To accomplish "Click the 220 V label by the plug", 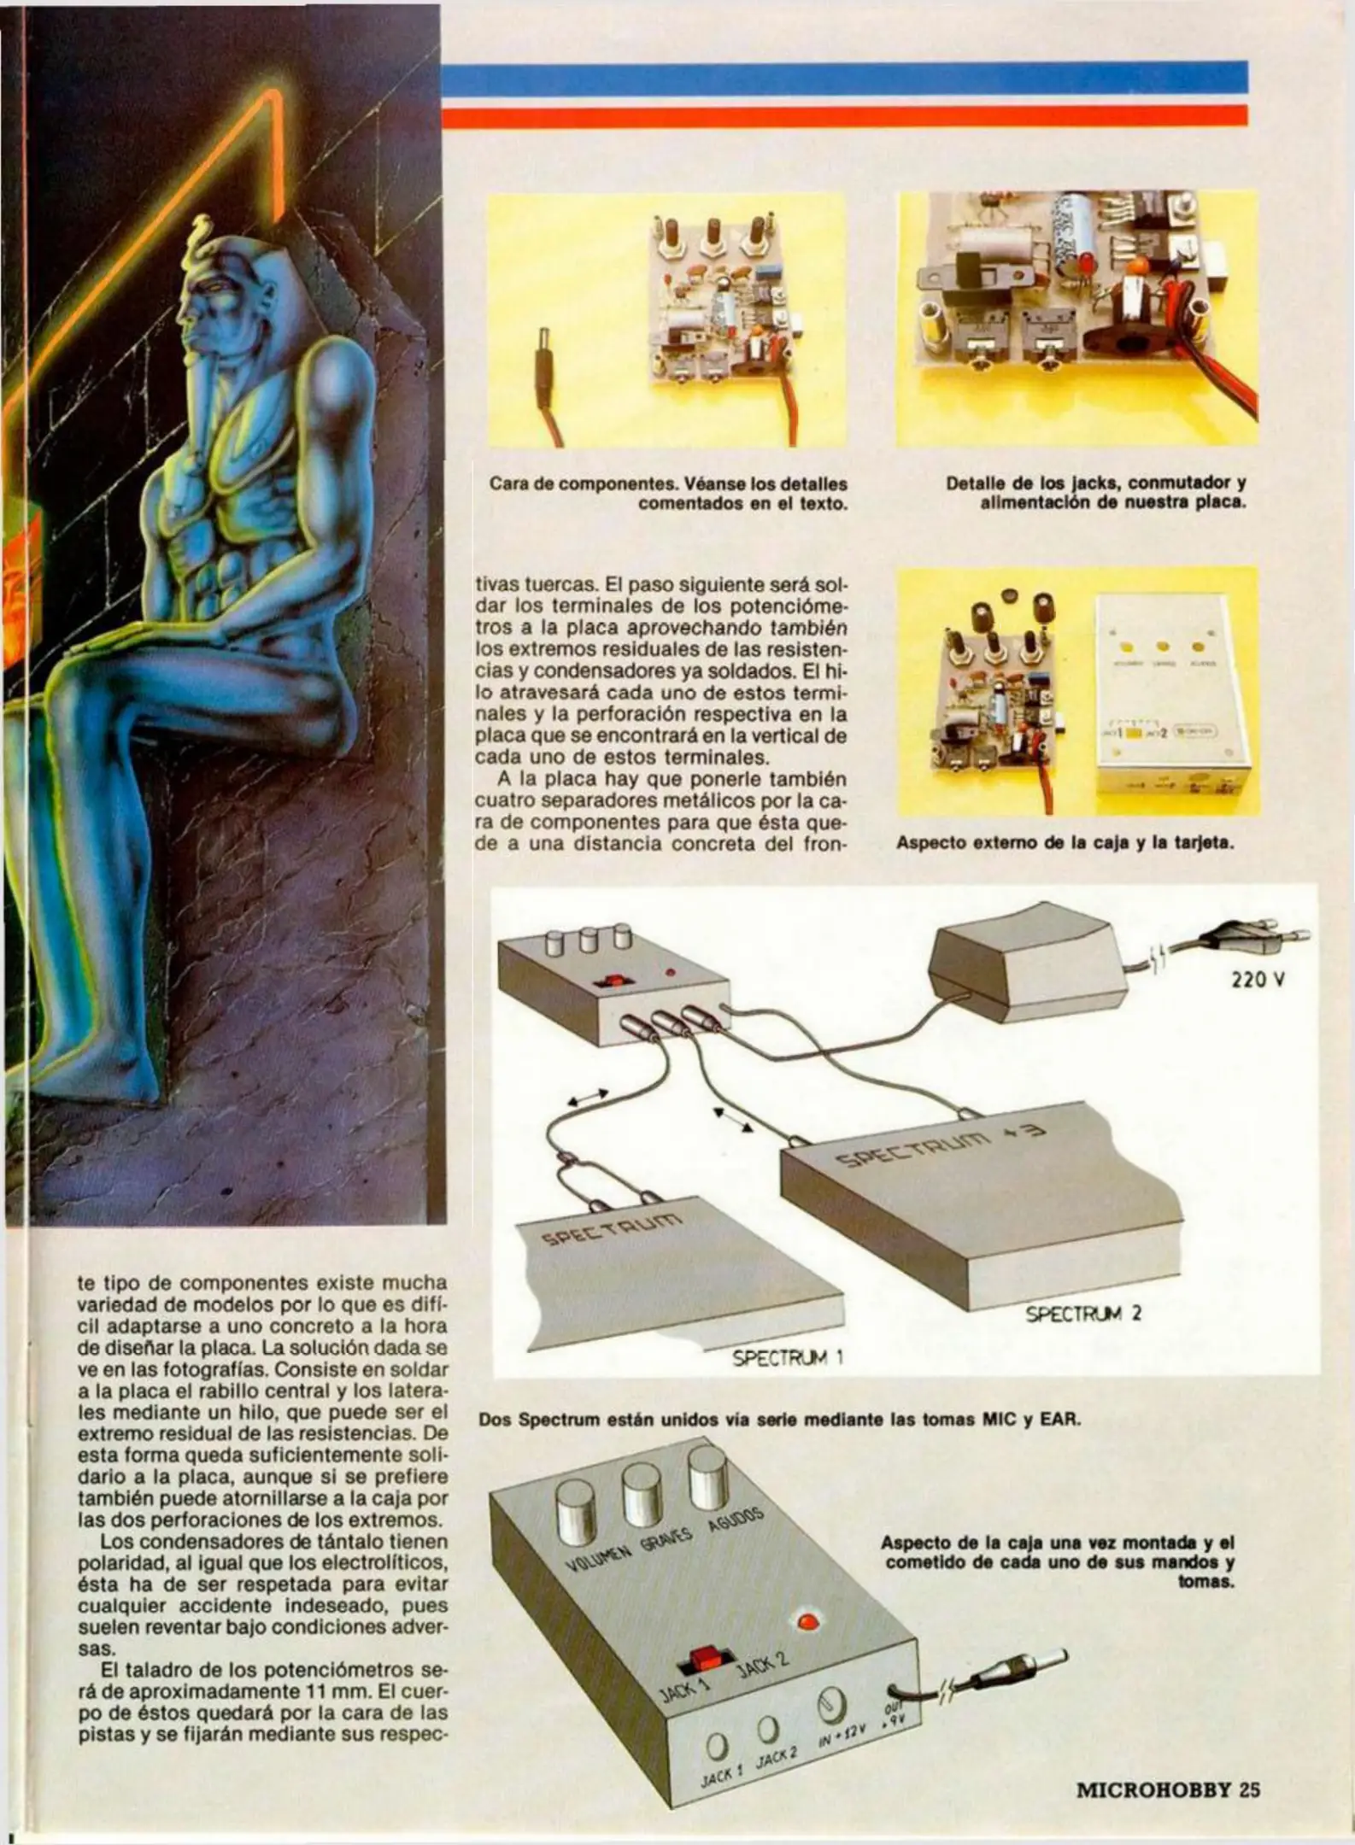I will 1258,981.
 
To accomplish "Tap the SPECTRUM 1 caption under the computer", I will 788,1356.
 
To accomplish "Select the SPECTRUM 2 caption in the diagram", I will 1083,1313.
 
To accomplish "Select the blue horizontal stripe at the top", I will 846,77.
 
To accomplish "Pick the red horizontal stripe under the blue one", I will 846,115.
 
